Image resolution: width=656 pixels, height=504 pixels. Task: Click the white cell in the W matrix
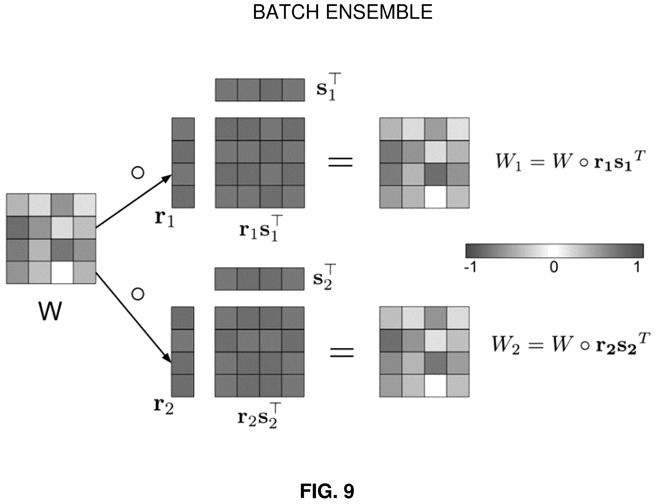coord(62,272)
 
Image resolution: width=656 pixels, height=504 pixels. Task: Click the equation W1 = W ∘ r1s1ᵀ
coord(569,161)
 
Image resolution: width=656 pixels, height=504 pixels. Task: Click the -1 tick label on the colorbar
coord(470,266)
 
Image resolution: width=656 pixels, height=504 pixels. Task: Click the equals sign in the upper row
coord(340,162)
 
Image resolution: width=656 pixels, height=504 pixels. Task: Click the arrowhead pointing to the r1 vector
coord(167,178)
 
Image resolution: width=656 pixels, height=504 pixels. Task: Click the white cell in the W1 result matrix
coord(436,197)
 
